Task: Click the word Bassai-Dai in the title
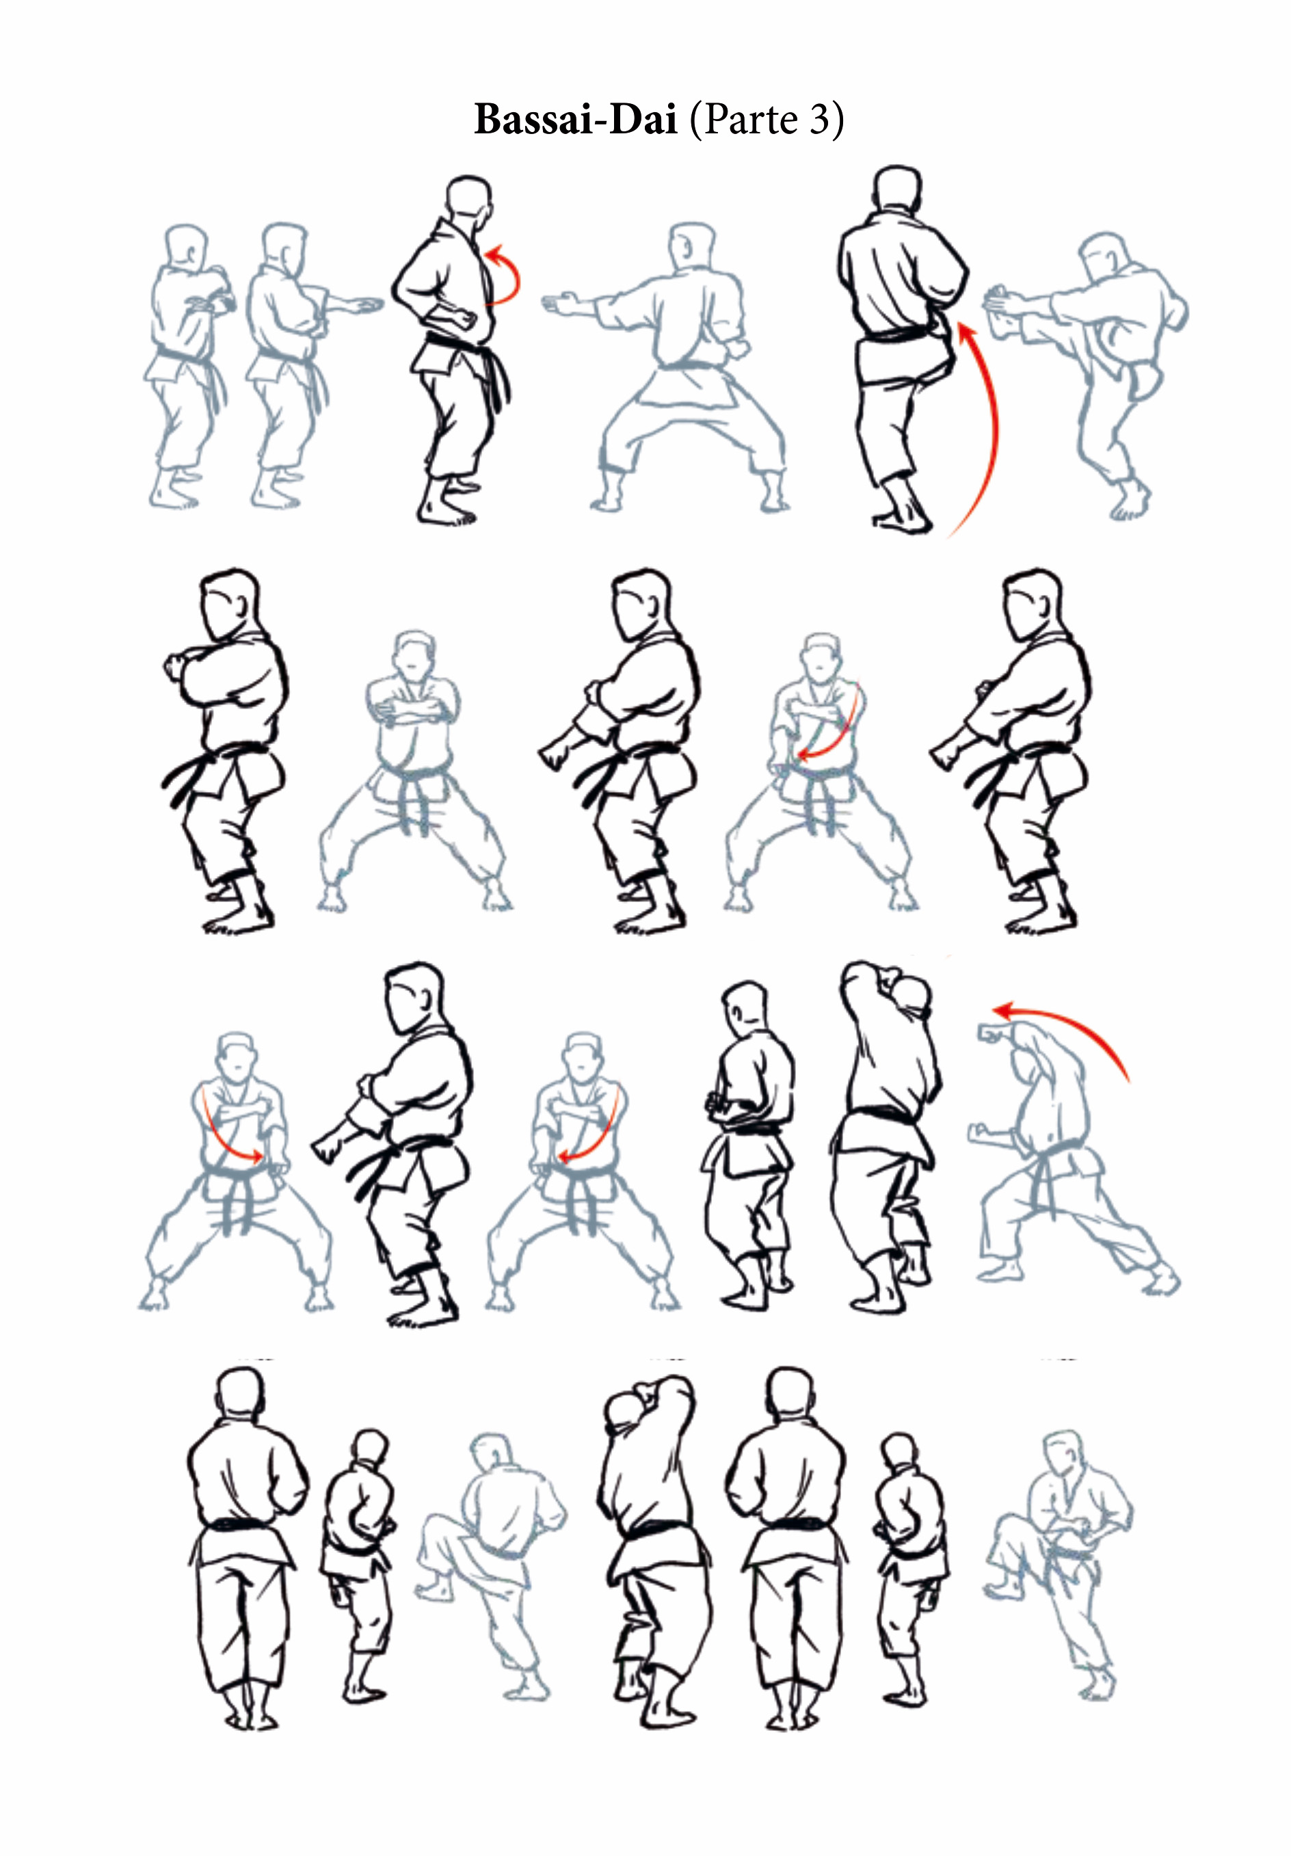(x=575, y=120)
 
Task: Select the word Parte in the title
(x=751, y=120)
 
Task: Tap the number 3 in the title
(x=820, y=120)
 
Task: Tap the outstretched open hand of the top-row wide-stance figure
(x=559, y=305)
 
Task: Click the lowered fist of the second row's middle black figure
(x=555, y=752)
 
